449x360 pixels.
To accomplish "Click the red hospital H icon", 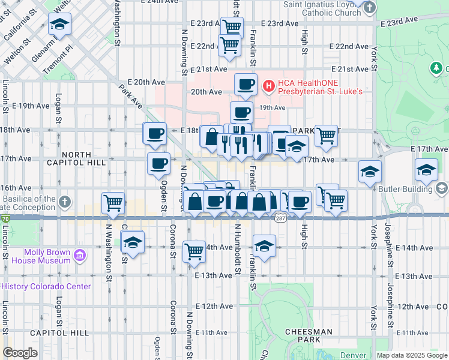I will click(268, 87).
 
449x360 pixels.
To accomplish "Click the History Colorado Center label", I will click(46, 286).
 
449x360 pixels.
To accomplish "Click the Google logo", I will click(20, 353).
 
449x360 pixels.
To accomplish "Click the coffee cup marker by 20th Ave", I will click(246, 85).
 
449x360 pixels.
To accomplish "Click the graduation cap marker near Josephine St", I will click(426, 170).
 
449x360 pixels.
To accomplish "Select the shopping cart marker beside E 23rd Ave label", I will click(232, 26).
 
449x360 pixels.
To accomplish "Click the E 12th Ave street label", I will click(214, 306).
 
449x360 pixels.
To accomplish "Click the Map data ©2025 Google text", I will click(412, 355).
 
